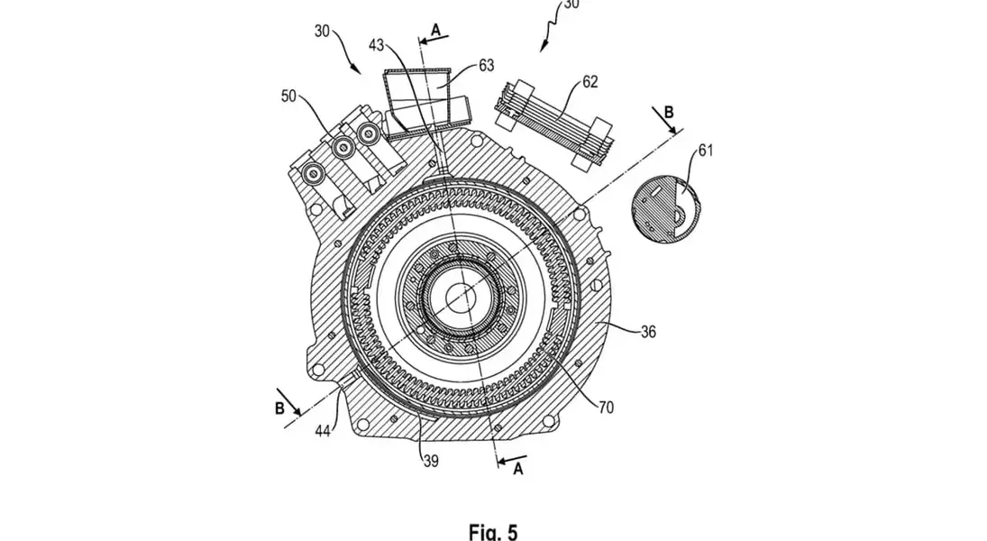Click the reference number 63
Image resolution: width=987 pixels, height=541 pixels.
486,65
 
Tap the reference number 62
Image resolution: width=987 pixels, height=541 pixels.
589,82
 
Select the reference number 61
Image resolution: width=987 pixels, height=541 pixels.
706,151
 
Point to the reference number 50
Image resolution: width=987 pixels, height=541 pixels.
288,97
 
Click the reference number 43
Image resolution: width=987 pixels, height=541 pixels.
377,45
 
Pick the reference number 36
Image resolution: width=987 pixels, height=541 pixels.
648,331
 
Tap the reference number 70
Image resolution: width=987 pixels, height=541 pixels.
606,408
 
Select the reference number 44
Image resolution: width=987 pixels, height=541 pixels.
323,431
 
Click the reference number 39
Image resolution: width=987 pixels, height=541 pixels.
431,461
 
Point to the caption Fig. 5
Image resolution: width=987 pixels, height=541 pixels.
493,532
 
